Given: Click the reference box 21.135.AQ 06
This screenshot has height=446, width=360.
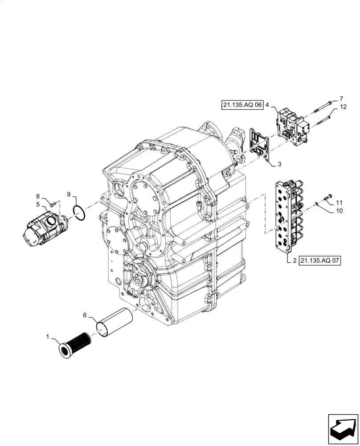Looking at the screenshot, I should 241,105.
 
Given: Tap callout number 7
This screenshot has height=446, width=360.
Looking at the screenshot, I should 341,98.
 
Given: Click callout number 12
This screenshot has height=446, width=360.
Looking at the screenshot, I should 343,107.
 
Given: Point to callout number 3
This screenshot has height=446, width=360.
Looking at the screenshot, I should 279,165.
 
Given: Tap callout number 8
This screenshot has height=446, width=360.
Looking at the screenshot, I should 38,196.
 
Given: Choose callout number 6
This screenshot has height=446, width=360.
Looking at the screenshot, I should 85,315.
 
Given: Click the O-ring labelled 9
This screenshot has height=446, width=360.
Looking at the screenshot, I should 78,214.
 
